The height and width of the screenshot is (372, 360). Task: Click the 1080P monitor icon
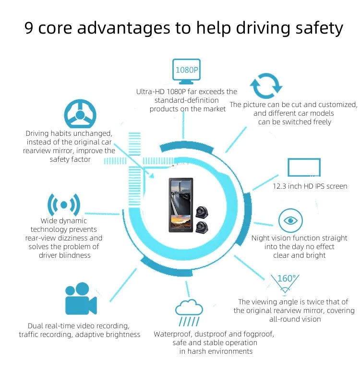pos(186,72)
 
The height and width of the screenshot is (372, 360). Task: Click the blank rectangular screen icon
pos(304,168)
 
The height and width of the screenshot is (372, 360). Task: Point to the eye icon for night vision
pos(291,221)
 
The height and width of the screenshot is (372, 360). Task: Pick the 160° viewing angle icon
pos(286,283)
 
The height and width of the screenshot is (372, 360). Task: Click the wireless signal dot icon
pos(63,205)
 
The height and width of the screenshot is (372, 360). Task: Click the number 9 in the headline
pos(29,28)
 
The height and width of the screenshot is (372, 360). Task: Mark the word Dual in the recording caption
pos(36,325)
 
